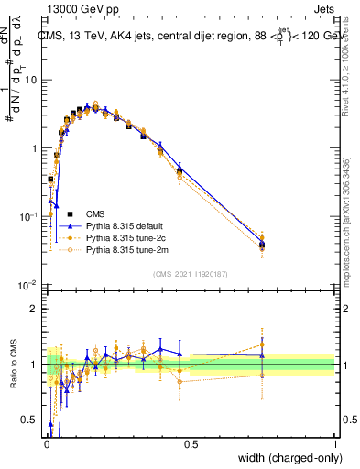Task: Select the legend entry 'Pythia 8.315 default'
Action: (125, 224)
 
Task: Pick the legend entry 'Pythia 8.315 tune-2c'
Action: (125, 236)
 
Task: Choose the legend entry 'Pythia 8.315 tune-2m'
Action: (125, 248)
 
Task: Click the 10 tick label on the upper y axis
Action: (31, 80)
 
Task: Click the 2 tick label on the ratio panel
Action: (35, 309)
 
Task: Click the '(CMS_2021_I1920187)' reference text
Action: (190, 273)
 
